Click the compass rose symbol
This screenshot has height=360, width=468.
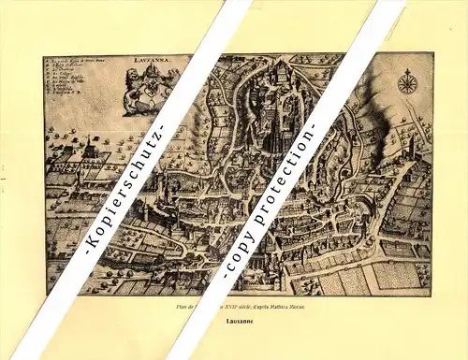click(x=407, y=83)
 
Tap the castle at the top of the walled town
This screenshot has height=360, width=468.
click(x=282, y=70)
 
